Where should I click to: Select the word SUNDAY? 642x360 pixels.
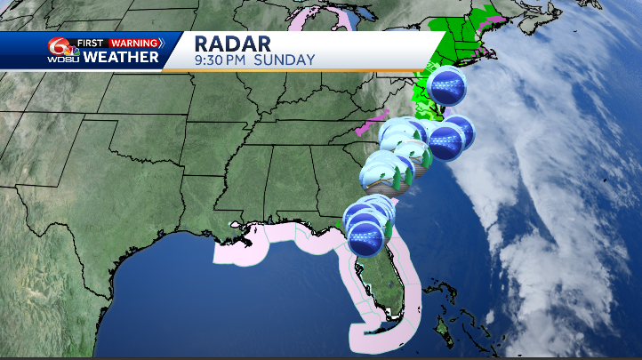285,60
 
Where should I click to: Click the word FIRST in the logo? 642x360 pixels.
91,43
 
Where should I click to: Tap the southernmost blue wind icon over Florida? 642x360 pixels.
366,238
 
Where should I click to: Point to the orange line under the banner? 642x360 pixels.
293,70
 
